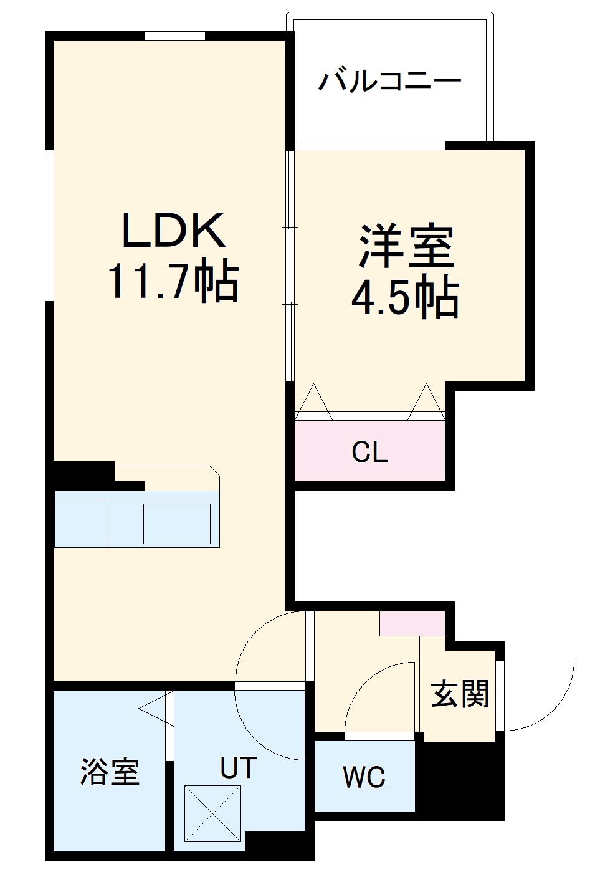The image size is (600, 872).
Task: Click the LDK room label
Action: coord(173,231)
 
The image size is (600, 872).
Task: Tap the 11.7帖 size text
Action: coord(173,281)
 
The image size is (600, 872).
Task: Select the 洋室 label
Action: coord(406,246)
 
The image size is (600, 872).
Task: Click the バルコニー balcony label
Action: coord(390,81)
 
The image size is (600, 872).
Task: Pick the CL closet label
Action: coord(369,452)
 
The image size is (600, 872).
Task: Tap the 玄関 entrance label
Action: coord(460,694)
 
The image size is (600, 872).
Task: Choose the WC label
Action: coord(364,777)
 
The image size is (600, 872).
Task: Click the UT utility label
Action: coord(239,769)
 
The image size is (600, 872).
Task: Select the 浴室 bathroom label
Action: coord(110,772)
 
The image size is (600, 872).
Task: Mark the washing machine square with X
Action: coord(212,813)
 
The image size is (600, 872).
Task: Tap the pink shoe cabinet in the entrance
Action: coord(412,624)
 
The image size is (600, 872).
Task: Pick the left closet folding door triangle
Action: coord(313,402)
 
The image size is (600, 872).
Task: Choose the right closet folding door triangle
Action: coord(427,402)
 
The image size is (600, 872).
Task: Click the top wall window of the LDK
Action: coord(174,36)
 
